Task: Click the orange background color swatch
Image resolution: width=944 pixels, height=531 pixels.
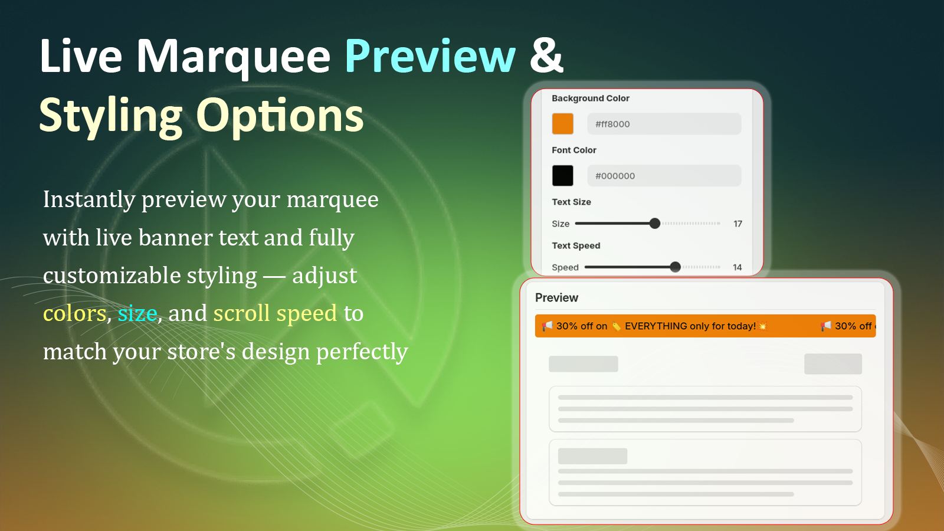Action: tap(563, 124)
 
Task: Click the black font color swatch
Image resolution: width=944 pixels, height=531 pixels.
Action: tap(563, 176)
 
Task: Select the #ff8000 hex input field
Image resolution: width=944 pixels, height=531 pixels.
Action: tap(664, 124)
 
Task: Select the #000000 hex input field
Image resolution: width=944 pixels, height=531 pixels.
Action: tap(664, 176)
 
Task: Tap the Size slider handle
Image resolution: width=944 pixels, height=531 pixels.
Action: tap(654, 224)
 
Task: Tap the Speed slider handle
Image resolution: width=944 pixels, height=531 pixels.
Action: tap(675, 267)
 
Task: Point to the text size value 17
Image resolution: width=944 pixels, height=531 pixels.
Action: tap(737, 224)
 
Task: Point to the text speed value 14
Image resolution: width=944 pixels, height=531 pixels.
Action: tap(737, 267)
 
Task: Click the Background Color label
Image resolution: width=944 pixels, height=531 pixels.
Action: tap(591, 98)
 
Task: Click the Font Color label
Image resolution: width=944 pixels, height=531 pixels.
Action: tap(574, 150)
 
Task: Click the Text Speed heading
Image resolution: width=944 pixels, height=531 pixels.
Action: tap(576, 245)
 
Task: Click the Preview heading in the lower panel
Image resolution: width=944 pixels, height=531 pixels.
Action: tap(557, 297)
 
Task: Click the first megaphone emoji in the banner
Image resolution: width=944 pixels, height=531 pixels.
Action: tap(547, 326)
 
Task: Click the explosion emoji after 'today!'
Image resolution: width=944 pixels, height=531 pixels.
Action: tap(762, 326)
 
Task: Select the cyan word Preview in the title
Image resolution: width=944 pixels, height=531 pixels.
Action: tap(430, 57)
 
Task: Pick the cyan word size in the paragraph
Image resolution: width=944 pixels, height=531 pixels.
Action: tap(137, 313)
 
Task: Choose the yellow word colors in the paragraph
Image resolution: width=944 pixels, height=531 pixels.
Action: tap(74, 313)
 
